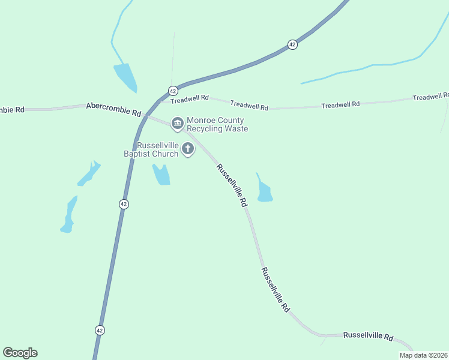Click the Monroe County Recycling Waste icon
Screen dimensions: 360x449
click(x=177, y=124)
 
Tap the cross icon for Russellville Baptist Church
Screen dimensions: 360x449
click(x=188, y=149)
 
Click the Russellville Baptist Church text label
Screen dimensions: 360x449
click(x=158, y=150)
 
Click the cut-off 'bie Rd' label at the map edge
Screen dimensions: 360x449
click(x=12, y=110)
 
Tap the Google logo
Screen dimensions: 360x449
click(x=20, y=353)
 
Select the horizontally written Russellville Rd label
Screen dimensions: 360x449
click(x=367, y=337)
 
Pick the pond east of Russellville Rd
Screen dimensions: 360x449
click(x=264, y=191)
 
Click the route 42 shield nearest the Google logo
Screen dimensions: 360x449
click(x=100, y=330)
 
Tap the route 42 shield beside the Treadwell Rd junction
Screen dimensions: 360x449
click(x=173, y=91)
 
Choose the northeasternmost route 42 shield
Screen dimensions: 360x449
click(x=292, y=45)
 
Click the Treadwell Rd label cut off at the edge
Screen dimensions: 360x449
click(x=431, y=97)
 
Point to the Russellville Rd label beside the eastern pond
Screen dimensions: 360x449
click(x=232, y=186)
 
